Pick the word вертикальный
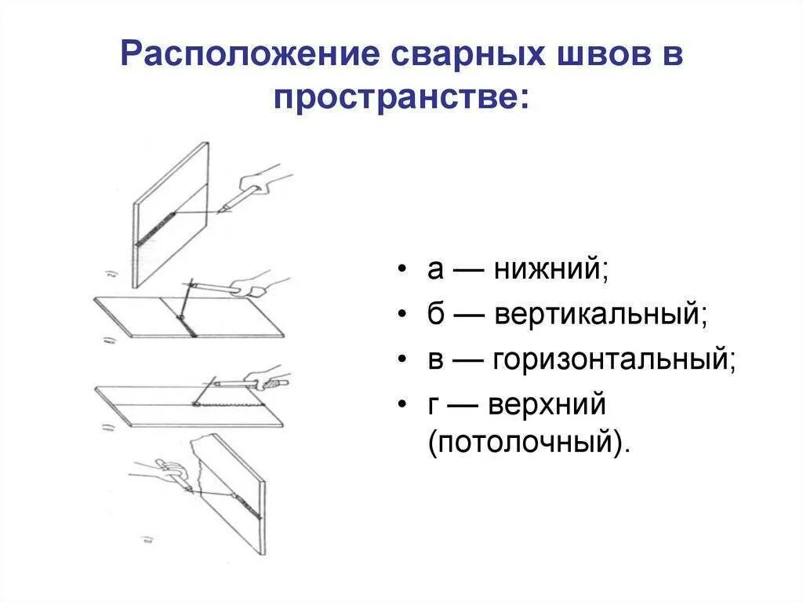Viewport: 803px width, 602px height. click(x=601, y=314)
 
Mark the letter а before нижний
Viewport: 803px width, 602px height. click(x=437, y=270)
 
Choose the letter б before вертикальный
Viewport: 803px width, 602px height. click(x=437, y=314)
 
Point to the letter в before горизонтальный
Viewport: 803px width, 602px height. click(x=437, y=359)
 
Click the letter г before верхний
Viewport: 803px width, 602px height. click(x=435, y=404)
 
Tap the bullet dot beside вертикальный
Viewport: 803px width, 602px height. click(x=402, y=315)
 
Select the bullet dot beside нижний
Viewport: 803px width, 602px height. click(x=402, y=270)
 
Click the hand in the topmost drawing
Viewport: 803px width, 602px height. click(x=267, y=178)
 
